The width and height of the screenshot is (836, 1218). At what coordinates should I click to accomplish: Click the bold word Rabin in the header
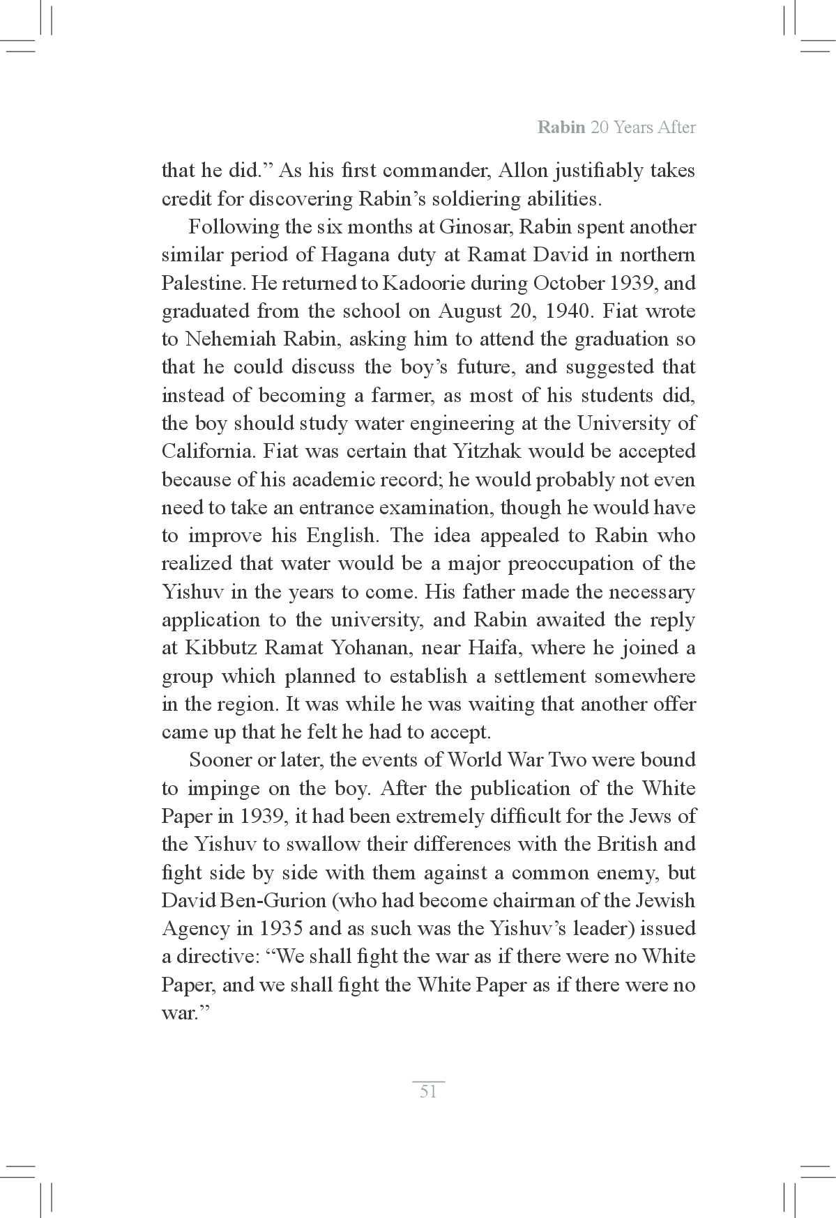tap(561, 128)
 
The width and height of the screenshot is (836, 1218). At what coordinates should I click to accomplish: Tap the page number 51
tap(428, 1091)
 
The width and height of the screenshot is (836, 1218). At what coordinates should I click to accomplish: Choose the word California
tap(208, 452)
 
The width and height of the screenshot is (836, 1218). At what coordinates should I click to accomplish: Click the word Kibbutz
tap(220, 648)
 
